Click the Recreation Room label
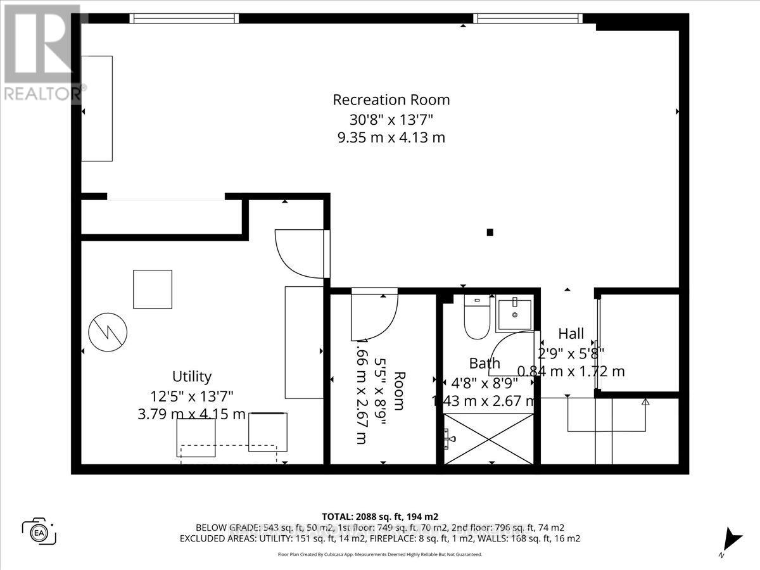pyautogui.click(x=391, y=100)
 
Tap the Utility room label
pyautogui.click(x=192, y=376)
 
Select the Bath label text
pyautogui.click(x=484, y=364)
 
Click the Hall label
pyautogui.click(x=571, y=334)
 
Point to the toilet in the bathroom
pyautogui.click(x=477, y=316)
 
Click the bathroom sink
pyautogui.click(x=515, y=313)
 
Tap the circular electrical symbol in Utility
pyautogui.click(x=108, y=332)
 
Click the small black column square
pyautogui.click(x=490, y=232)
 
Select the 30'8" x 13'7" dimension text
pyautogui.click(x=391, y=118)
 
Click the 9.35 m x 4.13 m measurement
pyautogui.click(x=391, y=137)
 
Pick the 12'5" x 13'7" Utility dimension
pyautogui.click(x=192, y=396)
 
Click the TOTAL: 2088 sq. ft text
pyautogui.click(x=379, y=516)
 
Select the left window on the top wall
pyautogui.click(x=184, y=18)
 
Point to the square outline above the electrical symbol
pyautogui.click(x=152, y=289)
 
